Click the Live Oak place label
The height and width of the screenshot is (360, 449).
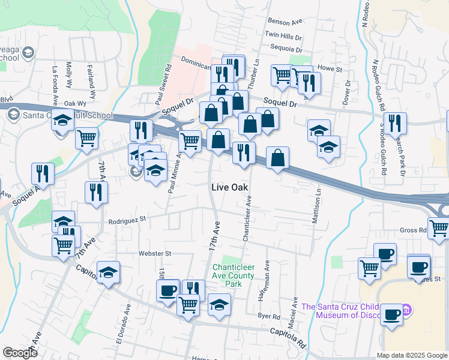[x=230, y=187]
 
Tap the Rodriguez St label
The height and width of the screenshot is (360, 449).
[x=127, y=221]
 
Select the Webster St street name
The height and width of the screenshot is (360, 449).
[x=155, y=253]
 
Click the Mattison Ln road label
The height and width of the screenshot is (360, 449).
[x=318, y=208]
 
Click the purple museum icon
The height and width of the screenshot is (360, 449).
[x=407, y=310]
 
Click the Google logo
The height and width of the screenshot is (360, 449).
[x=20, y=352]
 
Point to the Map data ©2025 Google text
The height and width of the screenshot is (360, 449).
[x=412, y=355]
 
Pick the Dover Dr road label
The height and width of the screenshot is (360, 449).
[x=346, y=93]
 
